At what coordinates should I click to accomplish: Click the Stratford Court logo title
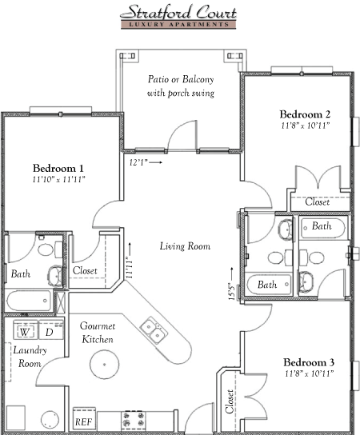[178, 12]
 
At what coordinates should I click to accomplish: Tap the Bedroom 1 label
[58, 168]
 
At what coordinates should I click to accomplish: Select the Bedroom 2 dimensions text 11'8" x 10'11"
[305, 126]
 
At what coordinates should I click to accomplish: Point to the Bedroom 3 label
[309, 362]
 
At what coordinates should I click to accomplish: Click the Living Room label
[185, 246]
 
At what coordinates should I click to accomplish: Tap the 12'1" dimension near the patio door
[138, 162]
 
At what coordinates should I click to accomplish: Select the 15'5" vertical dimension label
[232, 291]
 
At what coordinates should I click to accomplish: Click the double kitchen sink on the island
[154, 330]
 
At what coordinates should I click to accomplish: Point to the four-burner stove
[134, 419]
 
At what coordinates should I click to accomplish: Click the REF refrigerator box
[84, 419]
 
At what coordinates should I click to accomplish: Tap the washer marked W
[26, 330]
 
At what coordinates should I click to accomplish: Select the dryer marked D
[50, 330]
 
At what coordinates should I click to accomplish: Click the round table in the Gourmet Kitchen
[105, 365]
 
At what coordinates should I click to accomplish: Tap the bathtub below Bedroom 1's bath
[28, 301]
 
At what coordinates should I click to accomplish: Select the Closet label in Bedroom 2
[318, 202]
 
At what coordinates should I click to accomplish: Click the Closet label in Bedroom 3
[230, 401]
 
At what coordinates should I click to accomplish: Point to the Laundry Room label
[30, 357]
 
